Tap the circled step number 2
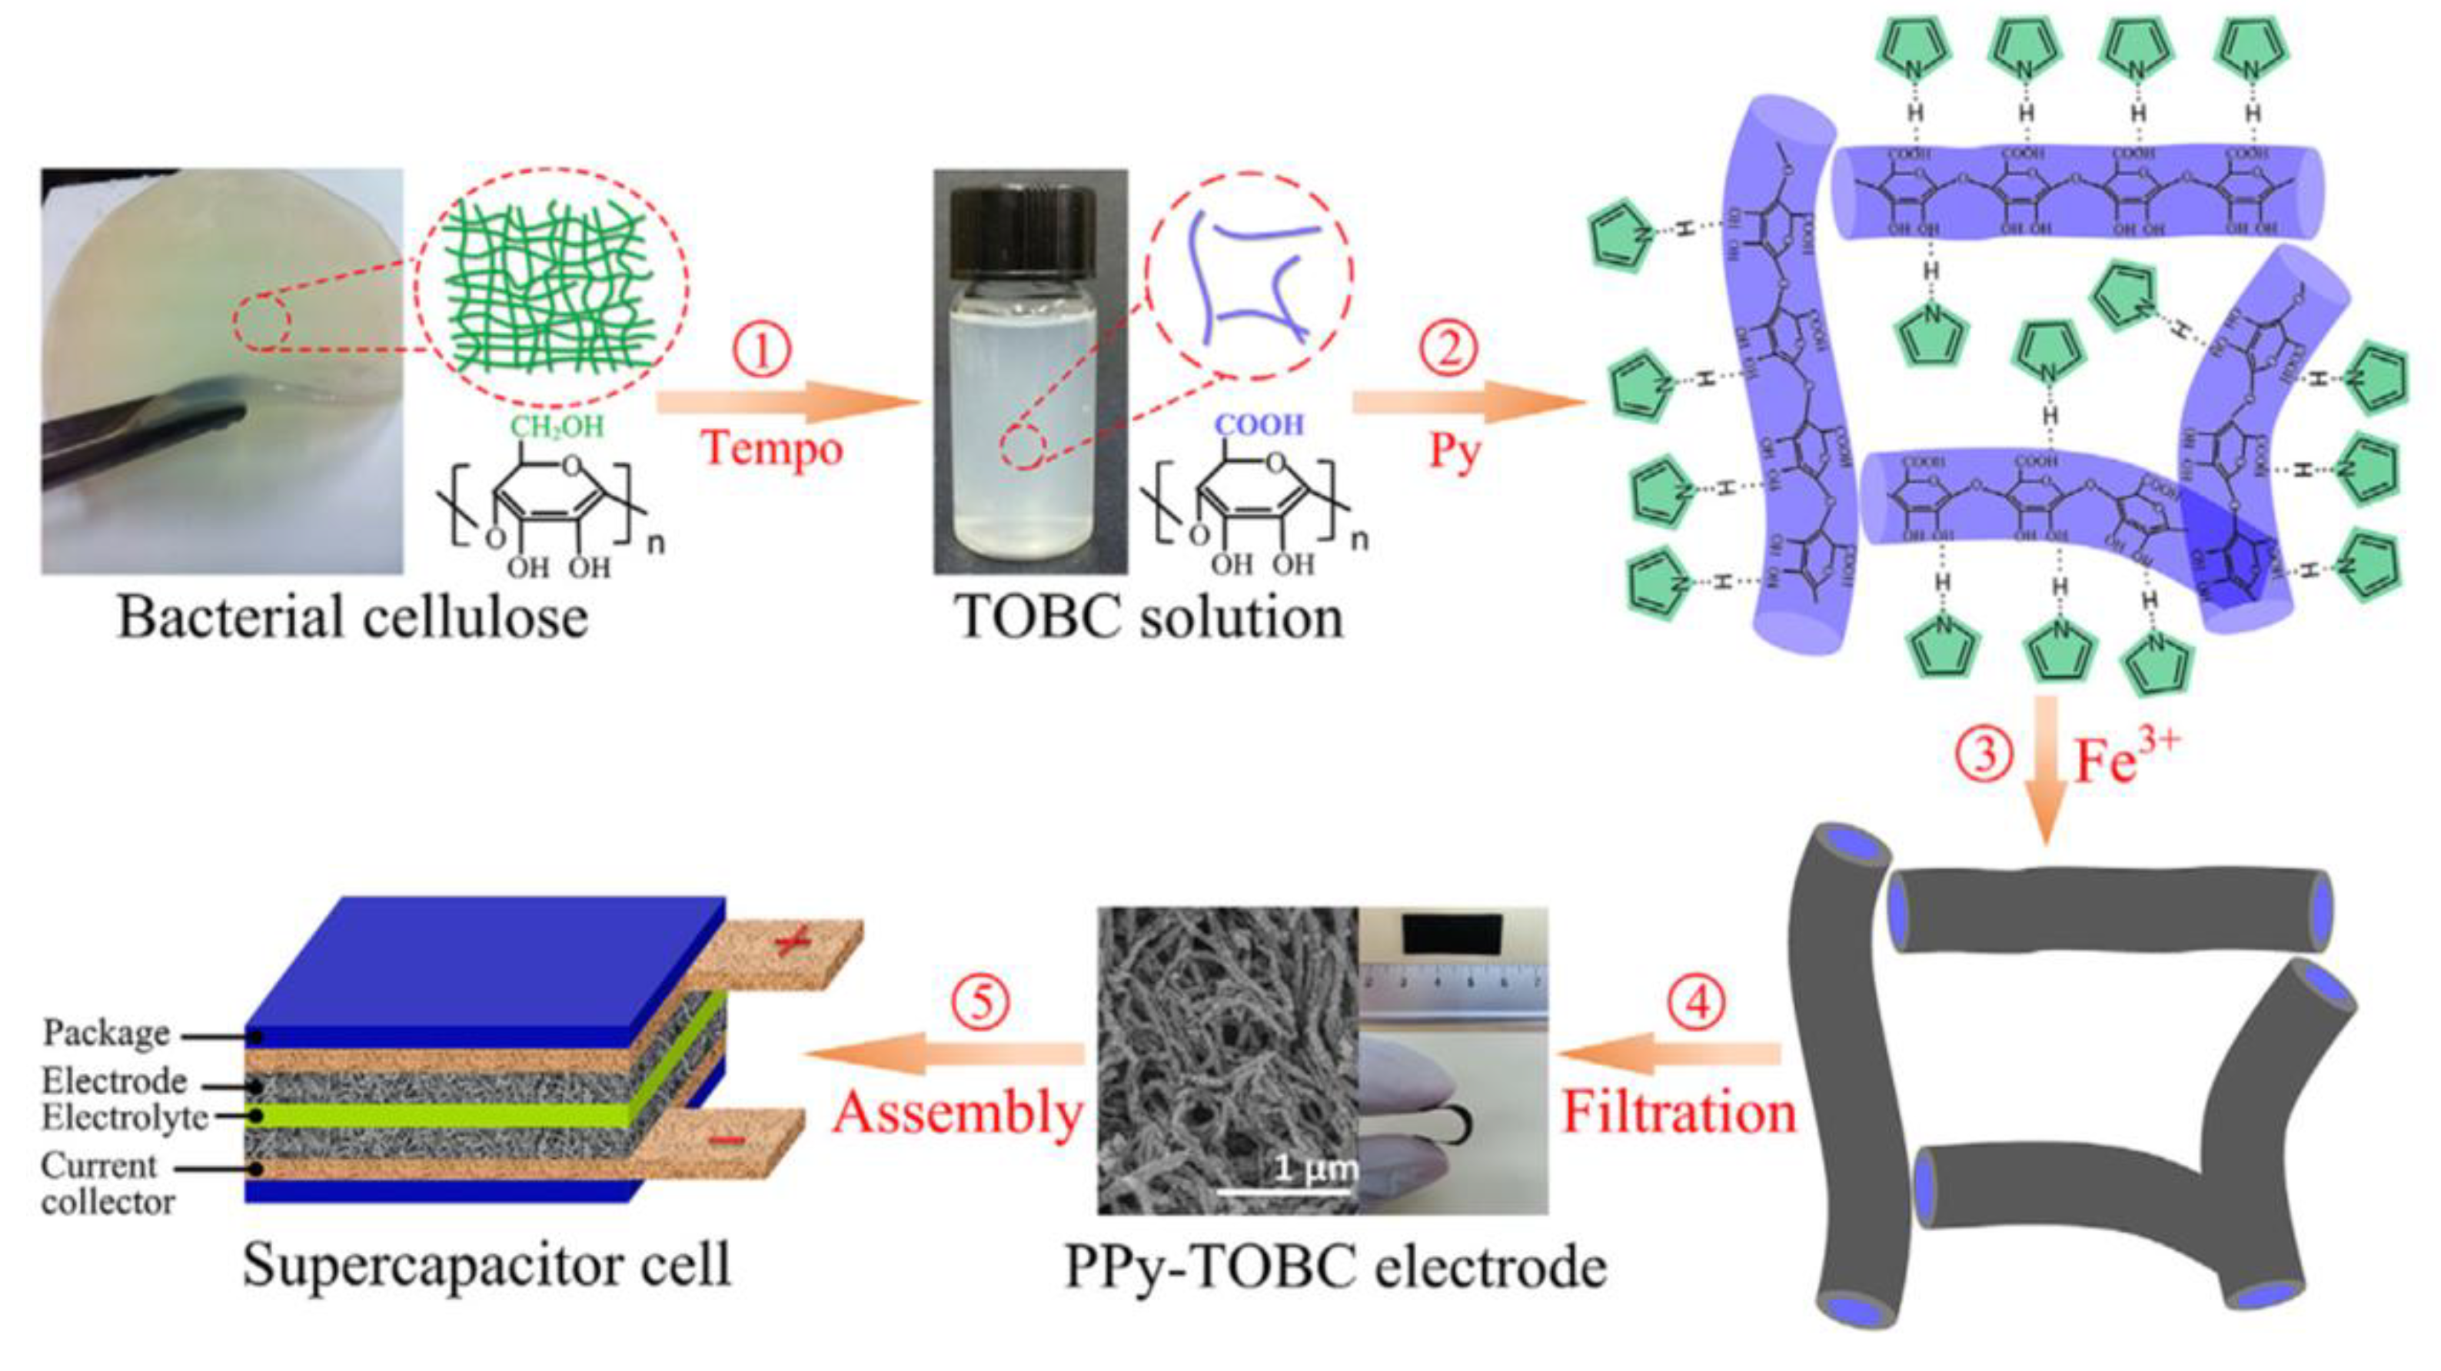tap(1448, 349)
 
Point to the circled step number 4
tap(1696, 1002)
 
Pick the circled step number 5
tap(979, 1002)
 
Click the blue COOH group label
tap(1259, 424)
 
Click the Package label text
tap(106, 1033)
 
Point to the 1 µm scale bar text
tap(1313, 1167)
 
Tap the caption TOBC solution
tap(1149, 618)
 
